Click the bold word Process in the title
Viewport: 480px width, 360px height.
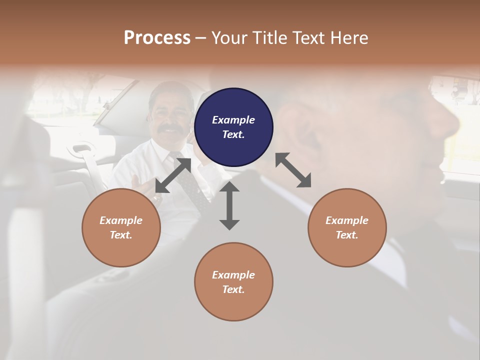click(157, 38)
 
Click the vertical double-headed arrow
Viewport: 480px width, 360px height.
click(229, 205)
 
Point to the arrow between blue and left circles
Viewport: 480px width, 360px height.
click(173, 175)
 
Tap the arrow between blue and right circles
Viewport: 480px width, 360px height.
click(293, 170)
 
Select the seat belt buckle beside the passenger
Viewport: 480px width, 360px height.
click(83, 149)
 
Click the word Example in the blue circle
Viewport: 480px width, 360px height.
click(233, 120)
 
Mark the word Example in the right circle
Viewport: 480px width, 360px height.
click(347, 220)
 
